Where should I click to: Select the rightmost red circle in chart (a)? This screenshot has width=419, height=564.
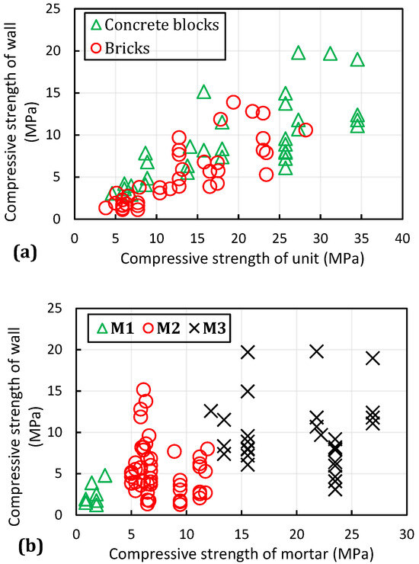(x=305, y=130)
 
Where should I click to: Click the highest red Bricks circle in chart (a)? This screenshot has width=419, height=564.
(x=233, y=102)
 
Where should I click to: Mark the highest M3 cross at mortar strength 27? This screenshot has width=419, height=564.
(x=373, y=357)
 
